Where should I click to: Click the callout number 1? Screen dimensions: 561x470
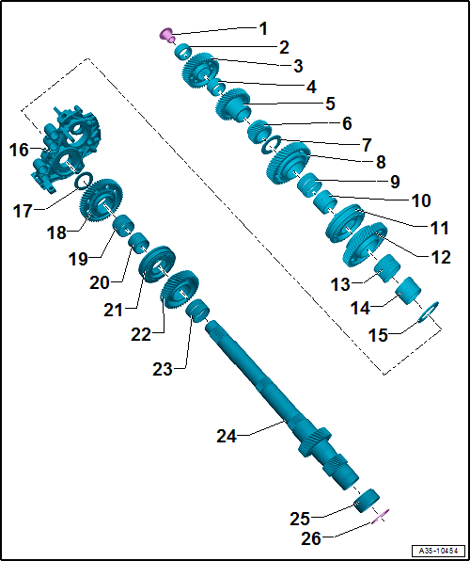tap(263, 28)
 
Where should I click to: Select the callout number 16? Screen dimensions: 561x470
tap(20, 150)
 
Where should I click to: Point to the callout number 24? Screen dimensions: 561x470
tap(226, 436)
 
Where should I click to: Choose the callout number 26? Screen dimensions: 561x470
tap(311, 537)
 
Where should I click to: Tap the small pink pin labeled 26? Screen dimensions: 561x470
tap(382, 514)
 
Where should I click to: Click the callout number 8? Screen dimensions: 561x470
tap(381, 161)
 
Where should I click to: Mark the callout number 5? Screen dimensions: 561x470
tap(330, 103)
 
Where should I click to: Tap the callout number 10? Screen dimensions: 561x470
tap(420, 200)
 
